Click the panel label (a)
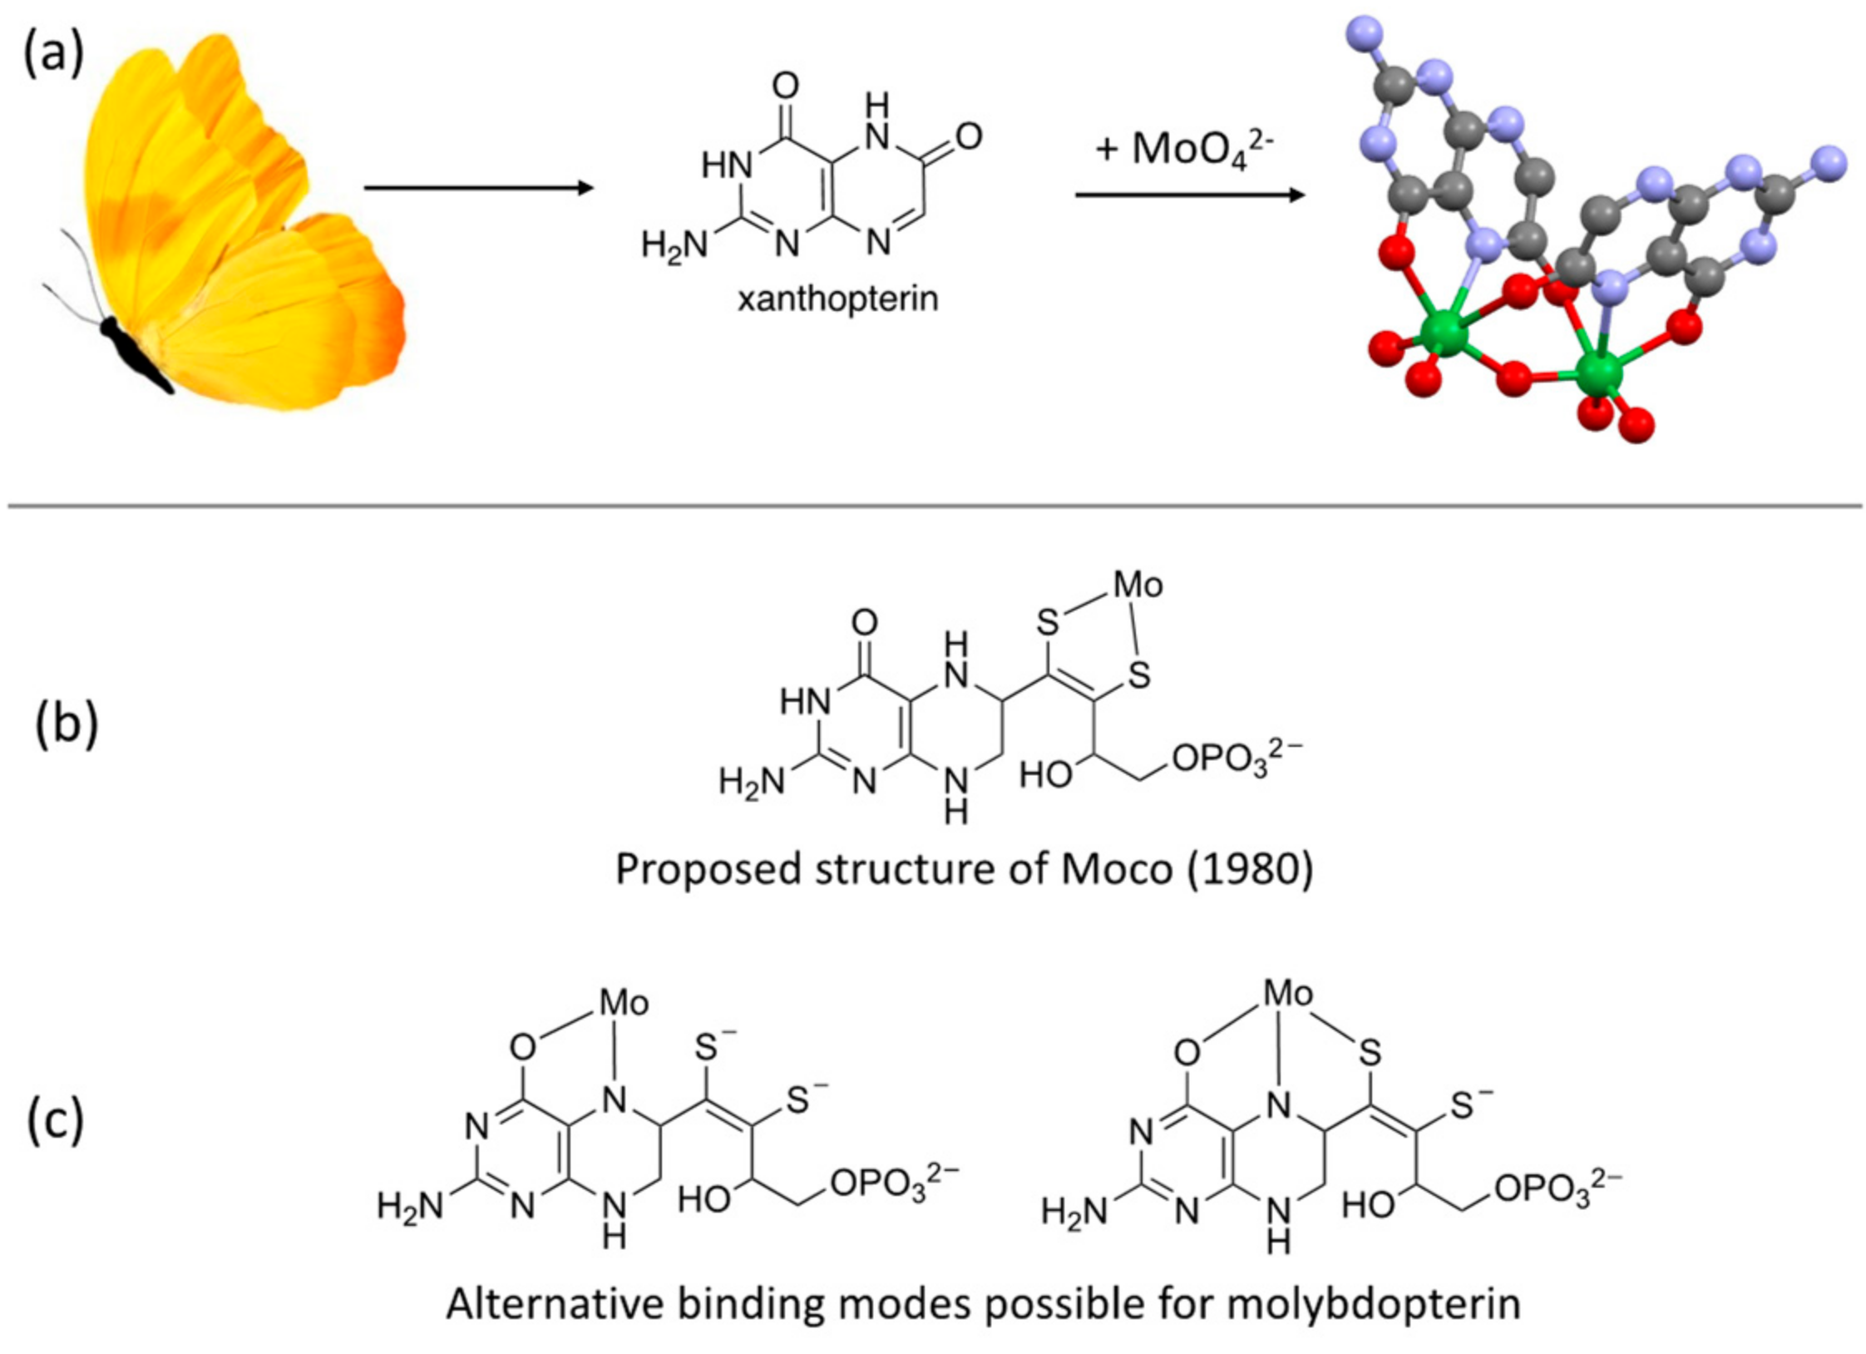click(53, 57)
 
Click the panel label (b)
click(67, 723)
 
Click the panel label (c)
click(56, 1120)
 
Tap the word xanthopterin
click(837, 298)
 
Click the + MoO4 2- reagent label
click(1184, 150)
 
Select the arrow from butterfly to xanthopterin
click(478, 187)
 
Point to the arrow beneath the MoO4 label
click(1189, 195)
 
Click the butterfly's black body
click(133, 353)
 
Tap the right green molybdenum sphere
click(1597, 373)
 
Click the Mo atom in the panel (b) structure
click(1138, 585)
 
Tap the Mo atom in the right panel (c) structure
click(1288, 993)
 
